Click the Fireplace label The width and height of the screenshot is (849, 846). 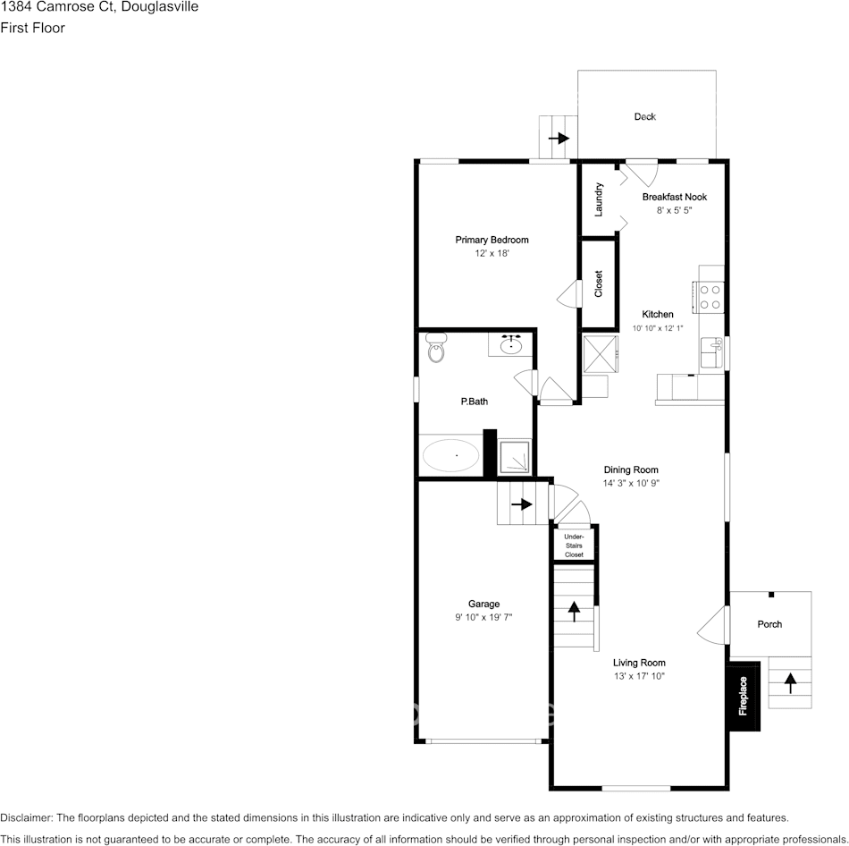(743, 696)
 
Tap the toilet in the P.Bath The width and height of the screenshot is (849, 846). (435, 347)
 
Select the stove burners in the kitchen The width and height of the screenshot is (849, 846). (710, 297)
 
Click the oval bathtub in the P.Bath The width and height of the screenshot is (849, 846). (450, 455)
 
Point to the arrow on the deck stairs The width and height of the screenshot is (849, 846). (559, 139)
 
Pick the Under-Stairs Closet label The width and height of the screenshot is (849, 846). (574, 546)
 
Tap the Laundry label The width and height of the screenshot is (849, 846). (598, 199)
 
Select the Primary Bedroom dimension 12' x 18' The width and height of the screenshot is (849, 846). (492, 253)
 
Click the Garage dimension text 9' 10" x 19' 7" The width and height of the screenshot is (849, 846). (483, 617)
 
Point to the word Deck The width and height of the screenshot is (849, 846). (645, 116)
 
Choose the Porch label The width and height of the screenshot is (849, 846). (769, 624)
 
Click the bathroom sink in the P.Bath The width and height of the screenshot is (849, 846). (511, 344)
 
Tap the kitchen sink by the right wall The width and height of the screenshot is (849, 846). (711, 352)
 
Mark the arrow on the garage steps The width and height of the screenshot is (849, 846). (521, 504)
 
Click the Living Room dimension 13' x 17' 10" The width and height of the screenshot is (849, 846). (639, 676)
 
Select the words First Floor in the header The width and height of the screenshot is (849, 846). (32, 28)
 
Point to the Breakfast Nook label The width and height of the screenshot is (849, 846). (675, 197)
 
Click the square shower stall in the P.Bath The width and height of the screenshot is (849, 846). (514, 456)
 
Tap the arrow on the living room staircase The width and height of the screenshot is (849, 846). (574, 612)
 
